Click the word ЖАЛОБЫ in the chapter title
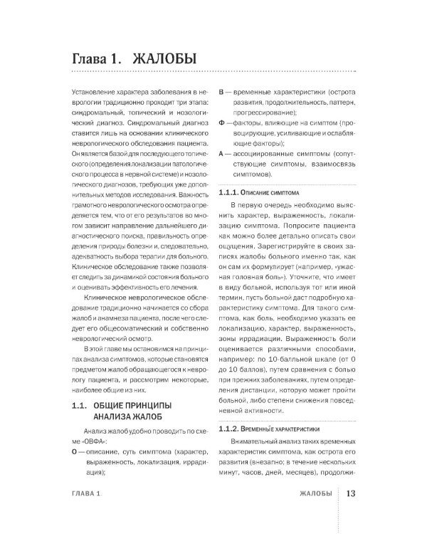(x=159, y=58)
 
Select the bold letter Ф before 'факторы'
(x=221, y=123)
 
